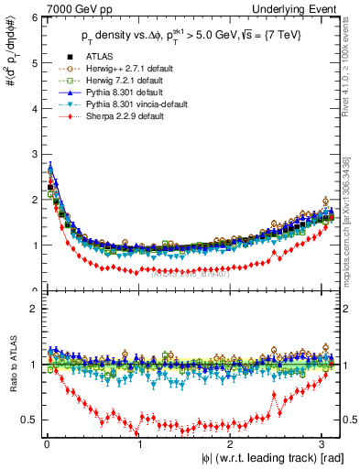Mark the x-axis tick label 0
coord(46,444)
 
